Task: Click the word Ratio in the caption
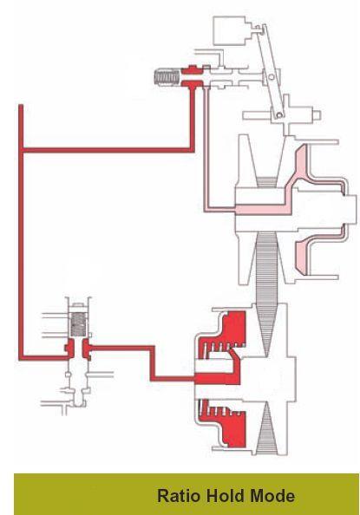[x=178, y=496]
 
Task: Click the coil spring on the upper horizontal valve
[x=167, y=77]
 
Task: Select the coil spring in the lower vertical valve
[x=79, y=324]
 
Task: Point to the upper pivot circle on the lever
[x=272, y=77]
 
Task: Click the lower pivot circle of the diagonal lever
[x=279, y=114]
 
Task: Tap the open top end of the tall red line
[x=21, y=106]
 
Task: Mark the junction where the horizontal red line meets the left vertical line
[x=21, y=151]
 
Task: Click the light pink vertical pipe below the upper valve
[x=206, y=147]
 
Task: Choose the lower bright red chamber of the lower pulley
[x=227, y=422]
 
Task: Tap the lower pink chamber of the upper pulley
[x=303, y=257]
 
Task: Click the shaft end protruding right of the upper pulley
[x=350, y=210]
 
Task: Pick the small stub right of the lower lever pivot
[x=317, y=115]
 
